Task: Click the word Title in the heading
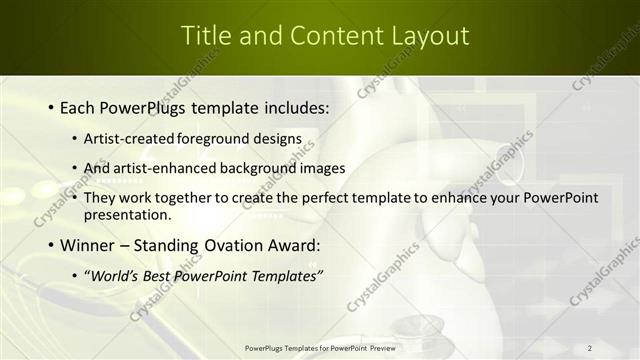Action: [x=204, y=35]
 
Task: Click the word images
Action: [x=323, y=168]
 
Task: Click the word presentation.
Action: [x=129, y=214]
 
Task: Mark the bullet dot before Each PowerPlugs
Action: [x=51, y=106]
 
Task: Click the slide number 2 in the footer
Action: [x=590, y=347]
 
